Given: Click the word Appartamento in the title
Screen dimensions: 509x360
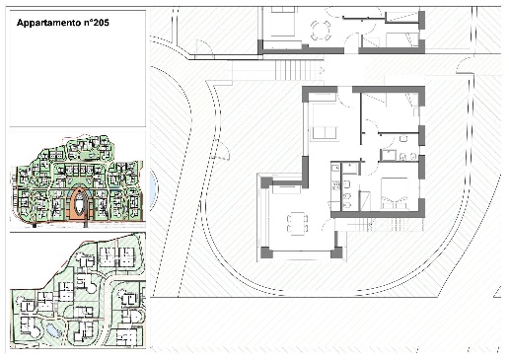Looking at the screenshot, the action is click(x=48, y=23).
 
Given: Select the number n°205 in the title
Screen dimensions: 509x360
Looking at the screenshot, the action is click(x=96, y=23).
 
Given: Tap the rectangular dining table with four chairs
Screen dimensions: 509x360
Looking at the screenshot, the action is click(x=297, y=223).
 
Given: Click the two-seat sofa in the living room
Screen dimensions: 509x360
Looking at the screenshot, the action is click(x=325, y=133).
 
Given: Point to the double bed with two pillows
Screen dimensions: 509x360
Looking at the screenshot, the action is click(x=395, y=193).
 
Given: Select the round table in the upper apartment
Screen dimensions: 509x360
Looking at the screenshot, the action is click(x=321, y=31).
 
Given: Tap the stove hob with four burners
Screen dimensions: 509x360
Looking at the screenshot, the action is click(x=335, y=185).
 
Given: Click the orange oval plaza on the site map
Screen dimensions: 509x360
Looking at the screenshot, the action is click(x=79, y=204).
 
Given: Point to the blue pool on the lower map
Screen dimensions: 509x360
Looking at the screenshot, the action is click(x=52, y=329).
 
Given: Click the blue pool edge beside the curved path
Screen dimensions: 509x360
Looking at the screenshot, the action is click(x=154, y=190).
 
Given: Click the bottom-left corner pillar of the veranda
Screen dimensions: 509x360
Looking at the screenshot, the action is click(x=266, y=252).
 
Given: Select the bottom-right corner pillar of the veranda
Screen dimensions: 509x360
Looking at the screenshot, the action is click(x=336, y=252).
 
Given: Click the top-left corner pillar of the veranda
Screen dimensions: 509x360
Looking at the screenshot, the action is click(x=266, y=182).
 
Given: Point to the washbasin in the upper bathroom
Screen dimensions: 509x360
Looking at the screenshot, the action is click(x=403, y=138).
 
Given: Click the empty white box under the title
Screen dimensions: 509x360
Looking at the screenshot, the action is click(x=78, y=68).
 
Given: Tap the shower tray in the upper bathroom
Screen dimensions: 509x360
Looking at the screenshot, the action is click(x=389, y=155).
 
